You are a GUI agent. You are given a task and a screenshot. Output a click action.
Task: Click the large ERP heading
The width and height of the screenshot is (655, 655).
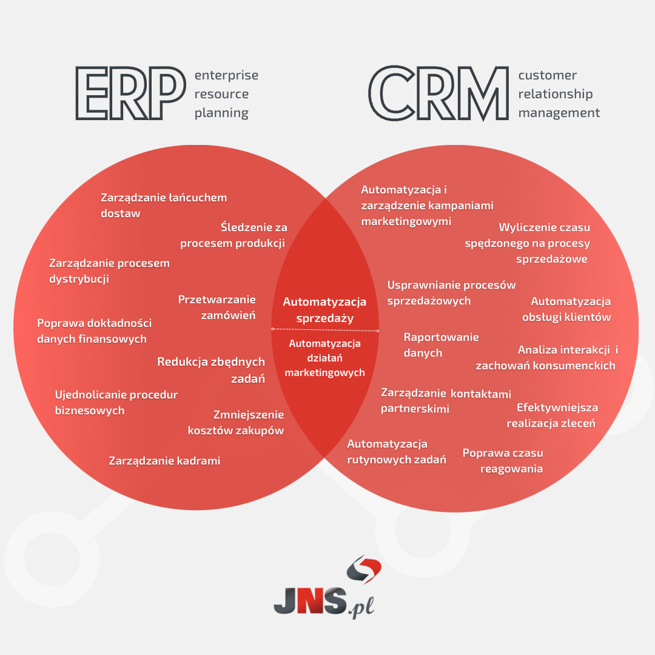click(x=129, y=93)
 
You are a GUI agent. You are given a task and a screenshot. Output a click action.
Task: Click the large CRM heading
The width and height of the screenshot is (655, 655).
click(x=438, y=93)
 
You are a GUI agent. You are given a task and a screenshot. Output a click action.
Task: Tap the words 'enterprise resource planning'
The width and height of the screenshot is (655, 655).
click(x=226, y=94)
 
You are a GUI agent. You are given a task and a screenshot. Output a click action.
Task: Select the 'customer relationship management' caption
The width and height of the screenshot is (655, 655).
click(x=558, y=94)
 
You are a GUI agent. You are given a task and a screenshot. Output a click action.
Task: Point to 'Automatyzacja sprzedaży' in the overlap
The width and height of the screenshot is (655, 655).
click(x=324, y=309)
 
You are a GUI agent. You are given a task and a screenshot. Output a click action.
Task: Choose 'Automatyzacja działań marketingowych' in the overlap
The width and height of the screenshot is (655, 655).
click(x=324, y=358)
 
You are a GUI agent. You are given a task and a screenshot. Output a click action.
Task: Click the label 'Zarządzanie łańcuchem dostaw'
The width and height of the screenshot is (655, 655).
click(x=164, y=205)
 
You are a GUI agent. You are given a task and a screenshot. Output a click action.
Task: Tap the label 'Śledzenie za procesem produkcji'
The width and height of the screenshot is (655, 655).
click(x=233, y=235)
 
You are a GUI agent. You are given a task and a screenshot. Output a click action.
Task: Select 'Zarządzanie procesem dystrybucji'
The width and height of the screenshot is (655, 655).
click(x=109, y=271)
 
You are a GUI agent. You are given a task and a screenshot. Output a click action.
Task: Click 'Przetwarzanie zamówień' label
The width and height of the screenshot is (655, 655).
click(x=217, y=307)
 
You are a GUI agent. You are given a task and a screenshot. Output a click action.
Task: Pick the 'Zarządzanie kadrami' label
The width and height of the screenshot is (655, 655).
click(x=164, y=461)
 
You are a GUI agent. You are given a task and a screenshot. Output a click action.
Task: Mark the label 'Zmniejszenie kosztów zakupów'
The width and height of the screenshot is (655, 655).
click(x=236, y=423)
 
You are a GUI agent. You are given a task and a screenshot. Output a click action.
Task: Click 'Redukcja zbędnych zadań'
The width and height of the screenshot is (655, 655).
click(x=211, y=370)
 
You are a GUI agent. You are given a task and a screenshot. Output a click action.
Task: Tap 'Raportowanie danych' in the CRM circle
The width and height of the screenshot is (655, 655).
click(x=441, y=344)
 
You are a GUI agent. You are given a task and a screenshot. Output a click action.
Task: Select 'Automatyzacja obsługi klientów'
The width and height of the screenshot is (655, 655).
click(x=566, y=309)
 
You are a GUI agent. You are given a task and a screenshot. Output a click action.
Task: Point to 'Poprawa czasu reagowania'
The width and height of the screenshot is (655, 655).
click(x=503, y=460)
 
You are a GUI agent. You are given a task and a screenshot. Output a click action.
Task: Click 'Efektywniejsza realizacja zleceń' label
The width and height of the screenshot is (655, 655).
click(x=551, y=415)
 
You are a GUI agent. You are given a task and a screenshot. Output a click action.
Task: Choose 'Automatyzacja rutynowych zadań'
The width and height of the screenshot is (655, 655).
click(x=396, y=452)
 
